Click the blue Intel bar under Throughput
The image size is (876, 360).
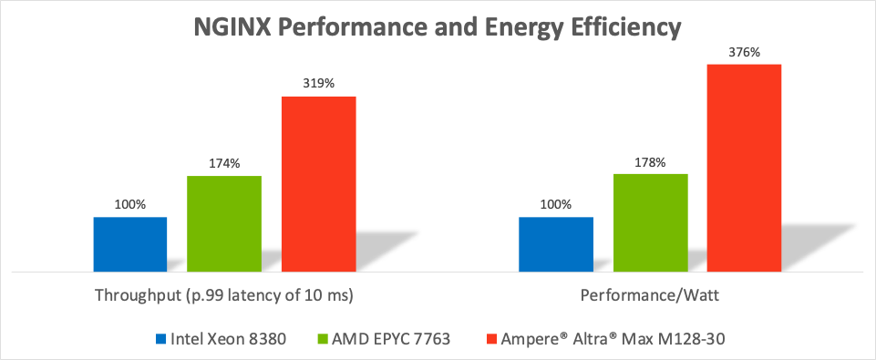click(x=130, y=244)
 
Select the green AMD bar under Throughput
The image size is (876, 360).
click(x=224, y=223)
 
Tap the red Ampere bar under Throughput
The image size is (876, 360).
click(x=318, y=184)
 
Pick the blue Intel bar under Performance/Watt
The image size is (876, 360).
click(x=556, y=244)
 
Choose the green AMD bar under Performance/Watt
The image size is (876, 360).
click(x=650, y=223)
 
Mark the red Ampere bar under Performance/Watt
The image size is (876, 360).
click(x=744, y=169)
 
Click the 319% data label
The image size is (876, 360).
click(x=319, y=84)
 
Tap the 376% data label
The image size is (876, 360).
click(x=745, y=52)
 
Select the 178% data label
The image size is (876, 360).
click(x=650, y=162)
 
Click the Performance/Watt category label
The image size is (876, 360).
click(x=650, y=295)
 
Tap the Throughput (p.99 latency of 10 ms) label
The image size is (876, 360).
click(x=224, y=295)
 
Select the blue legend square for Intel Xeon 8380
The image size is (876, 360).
click(x=161, y=339)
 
